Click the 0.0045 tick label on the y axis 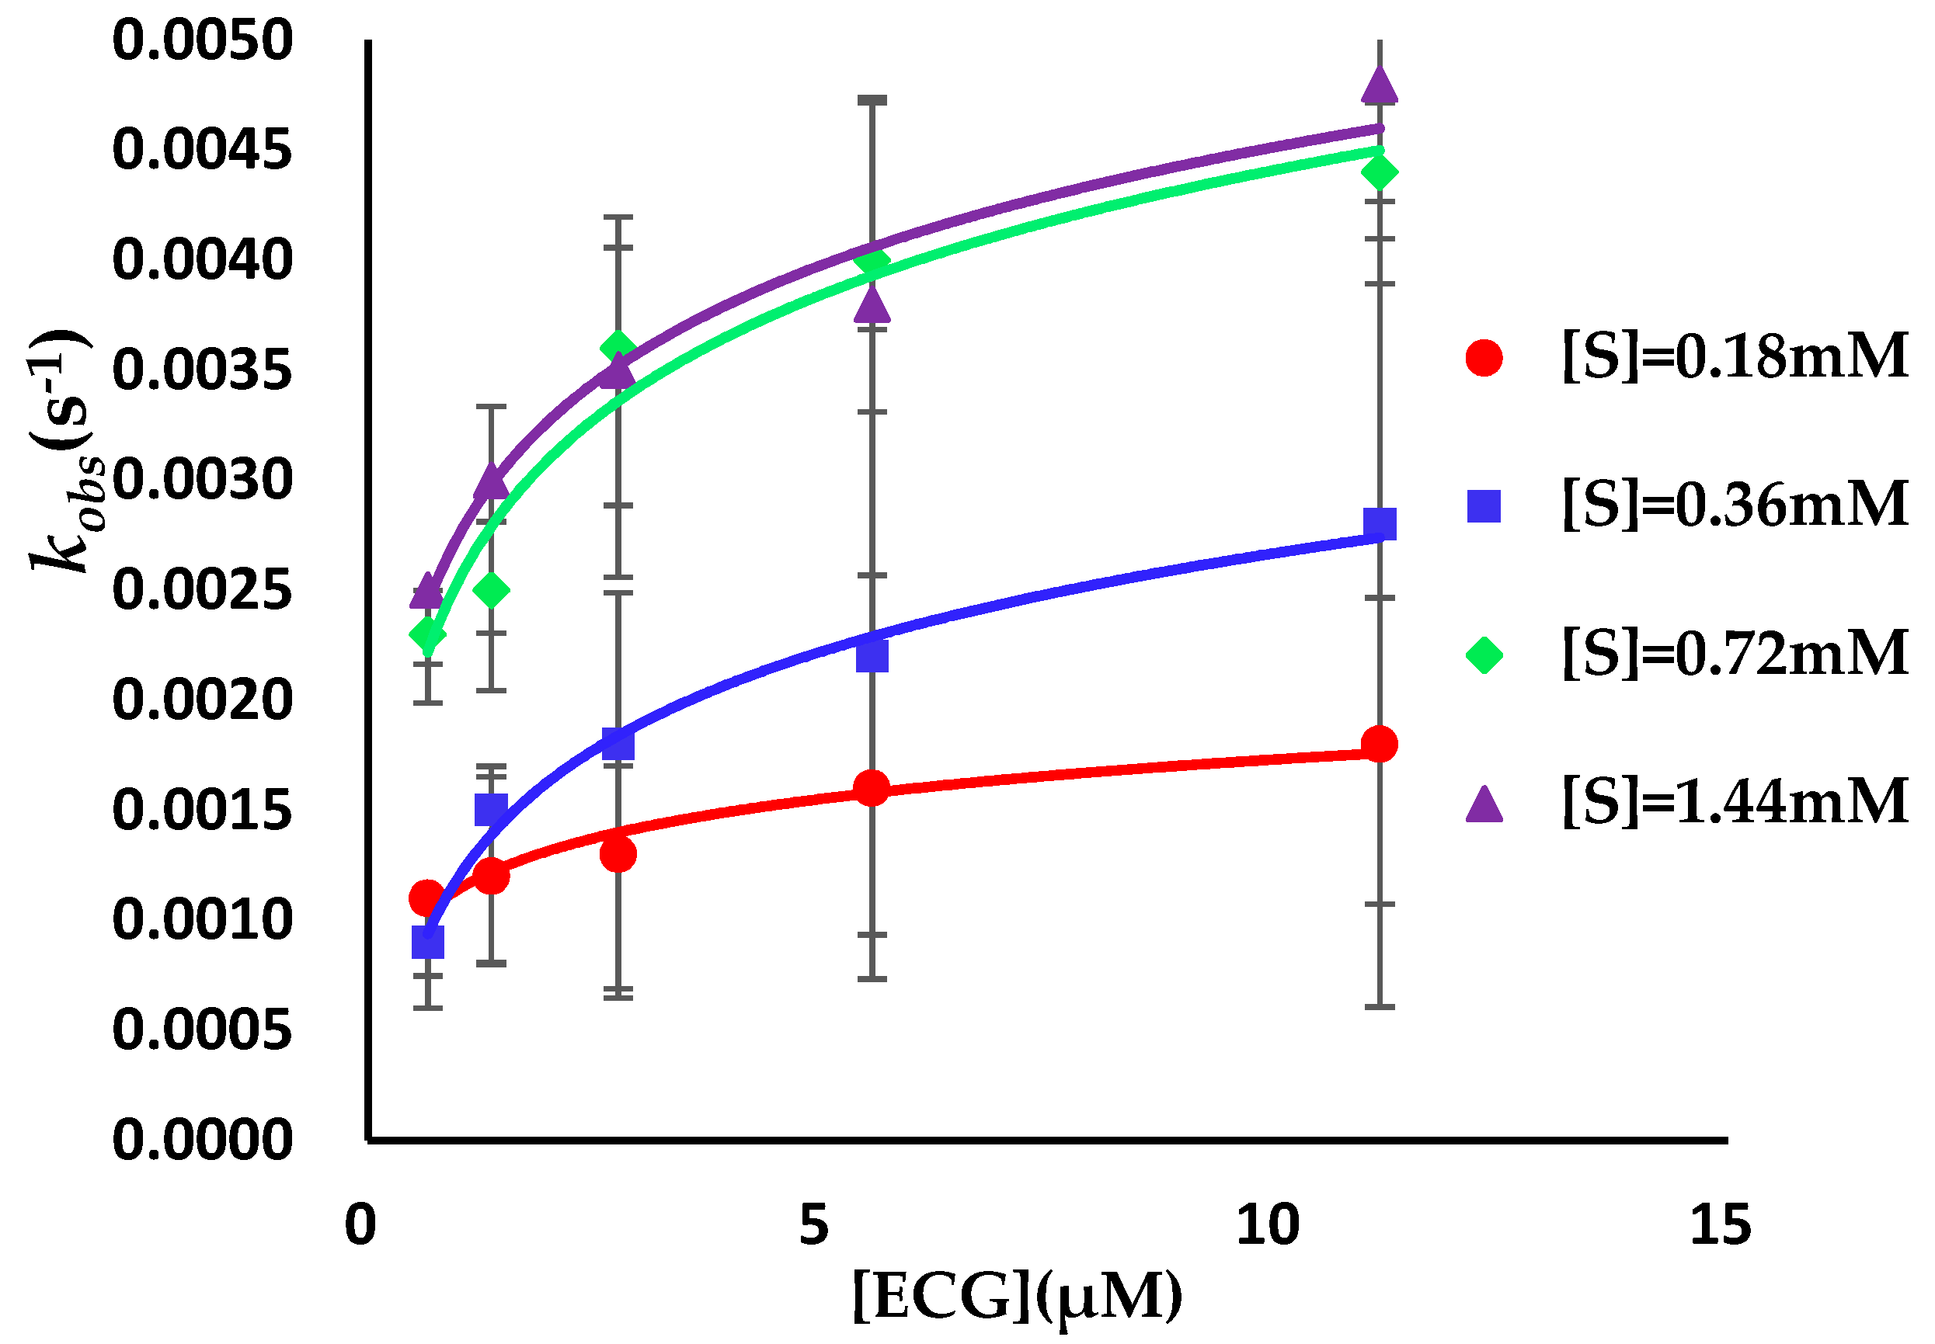tap(202, 150)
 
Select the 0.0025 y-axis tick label tap(202, 589)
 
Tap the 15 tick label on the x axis tap(1720, 1225)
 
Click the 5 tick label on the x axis tap(814, 1225)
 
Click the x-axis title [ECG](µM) tap(1016, 1297)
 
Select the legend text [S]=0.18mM tap(1735, 357)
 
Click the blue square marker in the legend tap(1484, 506)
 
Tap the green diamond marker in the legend tap(1484, 655)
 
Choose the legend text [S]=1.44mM tap(1735, 800)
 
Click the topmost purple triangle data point tap(1379, 84)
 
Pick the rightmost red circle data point tap(1379, 744)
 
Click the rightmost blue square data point tap(1379, 524)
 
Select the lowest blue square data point tap(428, 943)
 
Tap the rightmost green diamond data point tap(1379, 172)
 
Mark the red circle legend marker tap(1484, 357)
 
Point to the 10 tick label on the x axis tap(1268, 1225)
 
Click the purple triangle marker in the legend tap(1484, 804)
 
